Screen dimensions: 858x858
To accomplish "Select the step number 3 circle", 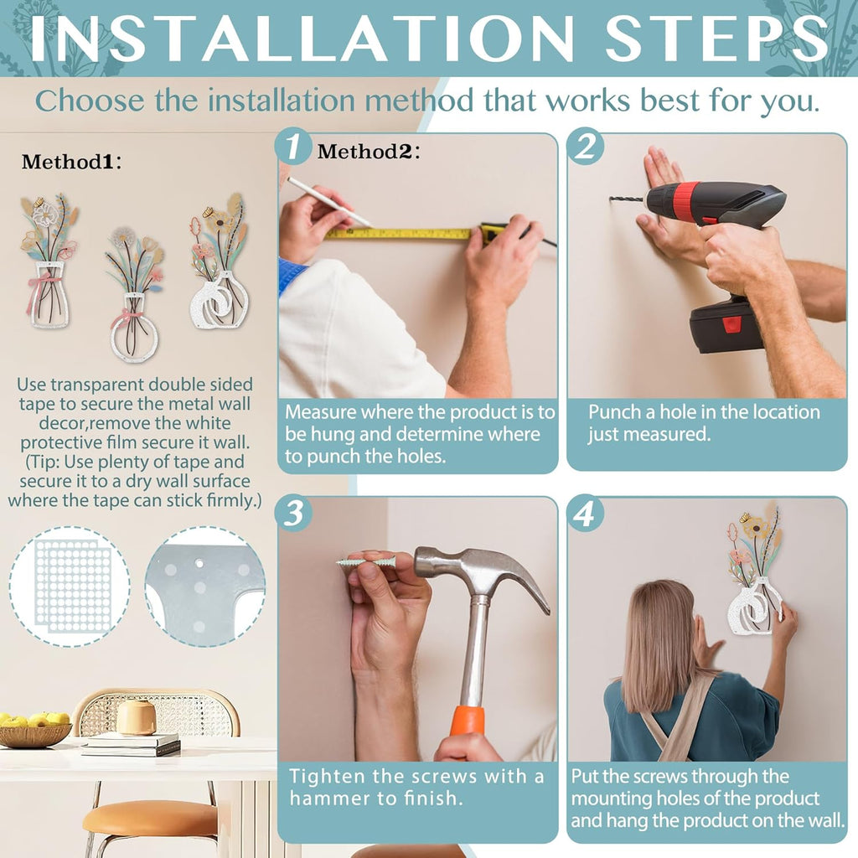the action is (294, 514).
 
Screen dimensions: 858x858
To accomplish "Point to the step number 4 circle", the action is (586, 514).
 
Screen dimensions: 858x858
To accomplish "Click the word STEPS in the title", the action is (716, 38).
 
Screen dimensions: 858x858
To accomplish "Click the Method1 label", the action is (71, 162).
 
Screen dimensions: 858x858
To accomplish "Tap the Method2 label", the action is (369, 152).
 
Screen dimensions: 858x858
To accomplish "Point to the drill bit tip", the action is (611, 198).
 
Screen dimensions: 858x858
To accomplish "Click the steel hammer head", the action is (482, 571).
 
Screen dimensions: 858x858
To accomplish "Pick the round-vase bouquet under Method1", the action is (134, 292).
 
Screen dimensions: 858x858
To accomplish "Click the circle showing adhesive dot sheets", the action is (70, 586).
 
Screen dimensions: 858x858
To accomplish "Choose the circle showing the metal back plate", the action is (205, 586).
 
